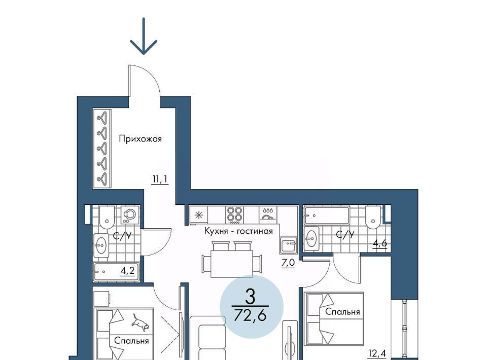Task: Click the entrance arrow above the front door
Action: click(144, 36)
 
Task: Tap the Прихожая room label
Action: click(141, 139)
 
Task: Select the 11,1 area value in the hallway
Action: click(160, 179)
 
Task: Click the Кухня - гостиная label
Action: click(238, 231)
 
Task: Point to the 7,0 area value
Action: click(288, 263)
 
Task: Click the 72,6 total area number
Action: click(250, 315)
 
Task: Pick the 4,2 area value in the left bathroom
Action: click(128, 271)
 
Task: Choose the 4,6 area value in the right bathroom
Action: click(380, 243)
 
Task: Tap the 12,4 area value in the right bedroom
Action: click(377, 353)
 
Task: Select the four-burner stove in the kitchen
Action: click(234, 215)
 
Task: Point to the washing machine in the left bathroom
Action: click(129, 215)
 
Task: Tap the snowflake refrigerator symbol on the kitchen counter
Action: click(198, 215)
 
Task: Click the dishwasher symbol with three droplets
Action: click(268, 214)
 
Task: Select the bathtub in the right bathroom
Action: click(327, 215)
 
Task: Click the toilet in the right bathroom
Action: click(373, 217)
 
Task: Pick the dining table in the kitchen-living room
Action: click(232, 264)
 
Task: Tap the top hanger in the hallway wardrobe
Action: click(103, 118)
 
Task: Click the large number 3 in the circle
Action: click(250, 296)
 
